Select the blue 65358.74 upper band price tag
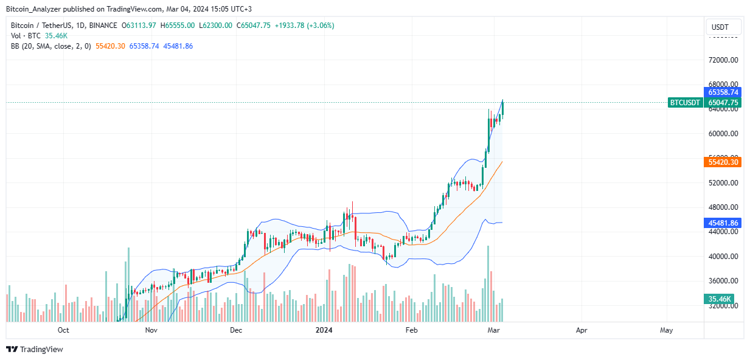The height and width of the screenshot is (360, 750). point(723,92)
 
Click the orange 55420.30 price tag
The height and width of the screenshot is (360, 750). point(723,162)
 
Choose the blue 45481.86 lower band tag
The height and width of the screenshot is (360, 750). point(723,223)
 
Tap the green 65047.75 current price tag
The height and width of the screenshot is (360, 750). point(723,103)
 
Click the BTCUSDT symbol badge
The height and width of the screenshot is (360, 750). point(685,103)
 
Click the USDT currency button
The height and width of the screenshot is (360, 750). point(723,27)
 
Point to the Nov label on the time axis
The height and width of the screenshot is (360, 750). point(151,330)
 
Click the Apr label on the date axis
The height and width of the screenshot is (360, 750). point(582,330)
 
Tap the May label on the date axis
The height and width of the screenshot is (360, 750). point(667,330)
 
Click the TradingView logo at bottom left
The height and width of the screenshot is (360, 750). point(35,349)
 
